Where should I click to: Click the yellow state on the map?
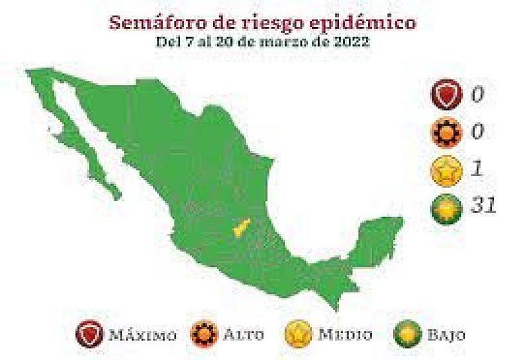click(x=240, y=228)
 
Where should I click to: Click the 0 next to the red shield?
click(x=477, y=95)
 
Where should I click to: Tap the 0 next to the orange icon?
click(x=477, y=132)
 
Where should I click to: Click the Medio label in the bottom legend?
click(x=344, y=334)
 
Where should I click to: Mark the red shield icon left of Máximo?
click(x=91, y=334)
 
